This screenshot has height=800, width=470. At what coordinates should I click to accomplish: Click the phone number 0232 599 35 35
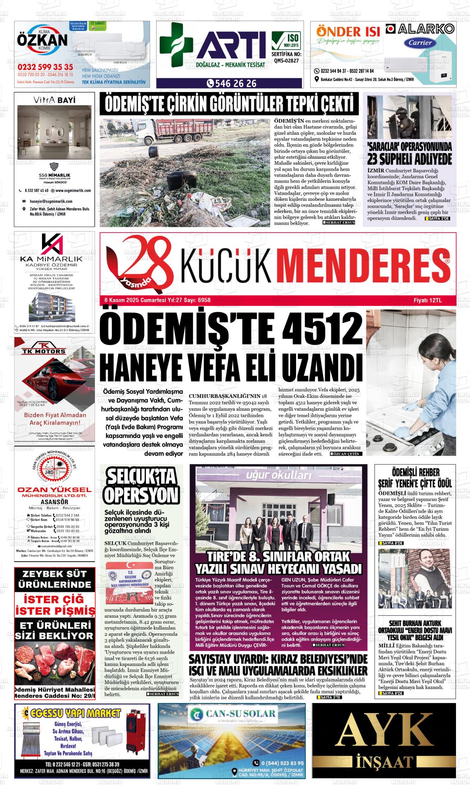click(x=45, y=67)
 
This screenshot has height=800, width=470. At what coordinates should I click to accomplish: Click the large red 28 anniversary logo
click(x=140, y=264)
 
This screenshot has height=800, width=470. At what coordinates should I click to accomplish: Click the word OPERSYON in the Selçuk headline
click(x=141, y=495)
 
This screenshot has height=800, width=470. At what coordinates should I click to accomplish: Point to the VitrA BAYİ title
click(x=54, y=99)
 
